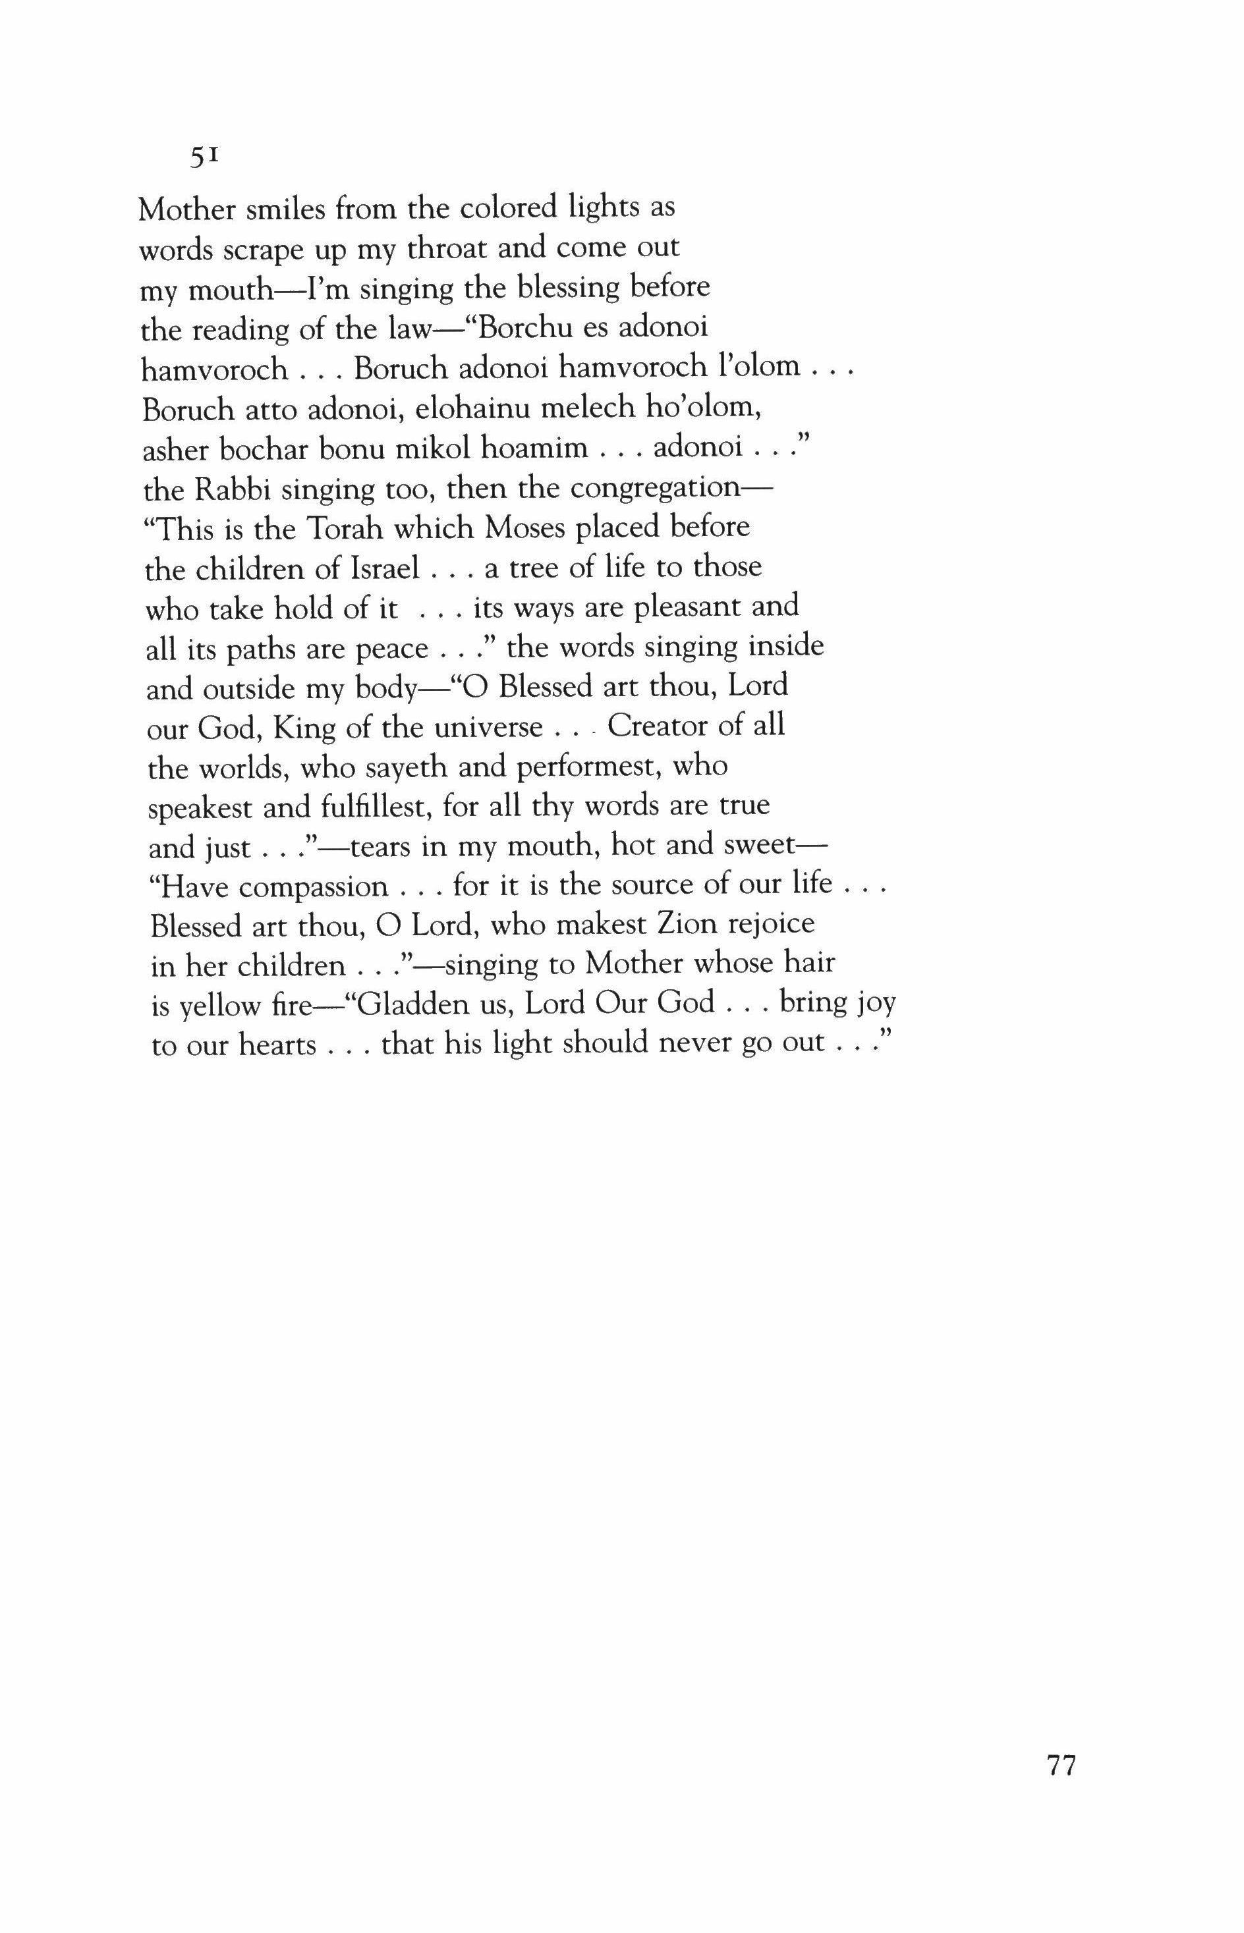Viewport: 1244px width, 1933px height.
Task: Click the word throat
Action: coord(446,249)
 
